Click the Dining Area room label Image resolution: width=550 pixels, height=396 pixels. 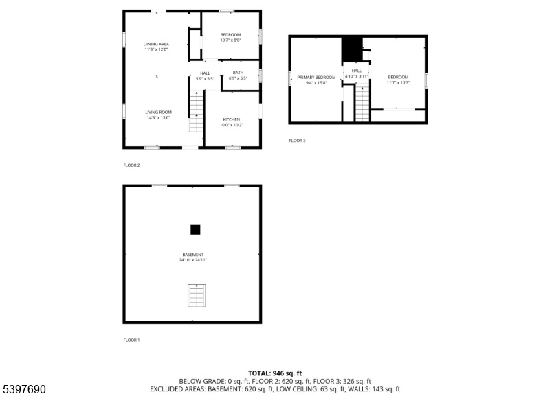click(x=156, y=44)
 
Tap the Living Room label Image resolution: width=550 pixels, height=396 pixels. click(x=159, y=113)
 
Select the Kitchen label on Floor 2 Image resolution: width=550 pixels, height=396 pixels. click(x=232, y=119)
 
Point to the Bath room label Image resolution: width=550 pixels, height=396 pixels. click(x=238, y=73)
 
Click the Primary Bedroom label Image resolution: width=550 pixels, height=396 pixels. click(x=316, y=78)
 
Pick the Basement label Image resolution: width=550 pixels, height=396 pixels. click(x=193, y=255)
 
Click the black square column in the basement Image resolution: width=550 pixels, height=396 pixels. click(x=195, y=230)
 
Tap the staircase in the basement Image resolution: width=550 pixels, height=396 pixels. click(x=197, y=296)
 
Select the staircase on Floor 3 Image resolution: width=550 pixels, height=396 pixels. click(x=362, y=104)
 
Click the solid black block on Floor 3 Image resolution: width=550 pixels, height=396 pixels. click(x=352, y=49)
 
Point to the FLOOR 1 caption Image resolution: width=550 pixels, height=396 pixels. click(x=131, y=340)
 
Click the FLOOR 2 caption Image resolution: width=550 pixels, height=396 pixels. click(x=131, y=165)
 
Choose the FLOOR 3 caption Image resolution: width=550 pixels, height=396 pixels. click(x=297, y=141)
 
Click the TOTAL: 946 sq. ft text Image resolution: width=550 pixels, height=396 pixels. click(x=275, y=373)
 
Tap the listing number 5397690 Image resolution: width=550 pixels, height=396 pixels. click(x=25, y=389)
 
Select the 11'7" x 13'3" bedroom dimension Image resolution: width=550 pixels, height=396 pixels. click(x=398, y=83)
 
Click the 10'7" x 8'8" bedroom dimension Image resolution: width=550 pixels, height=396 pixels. click(x=230, y=40)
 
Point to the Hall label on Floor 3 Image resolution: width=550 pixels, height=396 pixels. click(x=357, y=71)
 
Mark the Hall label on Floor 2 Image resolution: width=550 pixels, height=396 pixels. click(x=205, y=73)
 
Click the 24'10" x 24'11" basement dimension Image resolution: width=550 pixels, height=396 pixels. click(x=193, y=260)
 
